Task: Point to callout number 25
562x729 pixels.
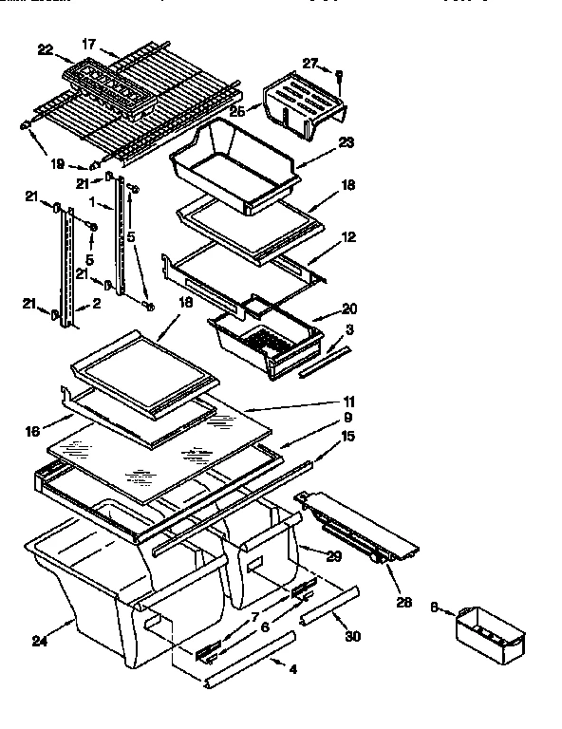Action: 236,111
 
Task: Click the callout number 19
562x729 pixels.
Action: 57,163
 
